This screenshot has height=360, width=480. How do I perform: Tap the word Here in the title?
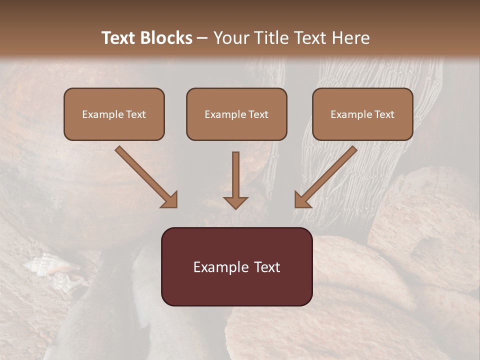click(351, 38)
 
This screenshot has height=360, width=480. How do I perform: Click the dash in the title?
click(202, 38)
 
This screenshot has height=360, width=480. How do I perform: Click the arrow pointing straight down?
click(235, 180)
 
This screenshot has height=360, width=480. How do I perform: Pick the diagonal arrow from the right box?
click(325, 177)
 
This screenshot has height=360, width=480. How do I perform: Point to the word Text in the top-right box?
click(384, 114)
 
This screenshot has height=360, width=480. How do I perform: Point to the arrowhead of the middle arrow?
click(235, 202)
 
